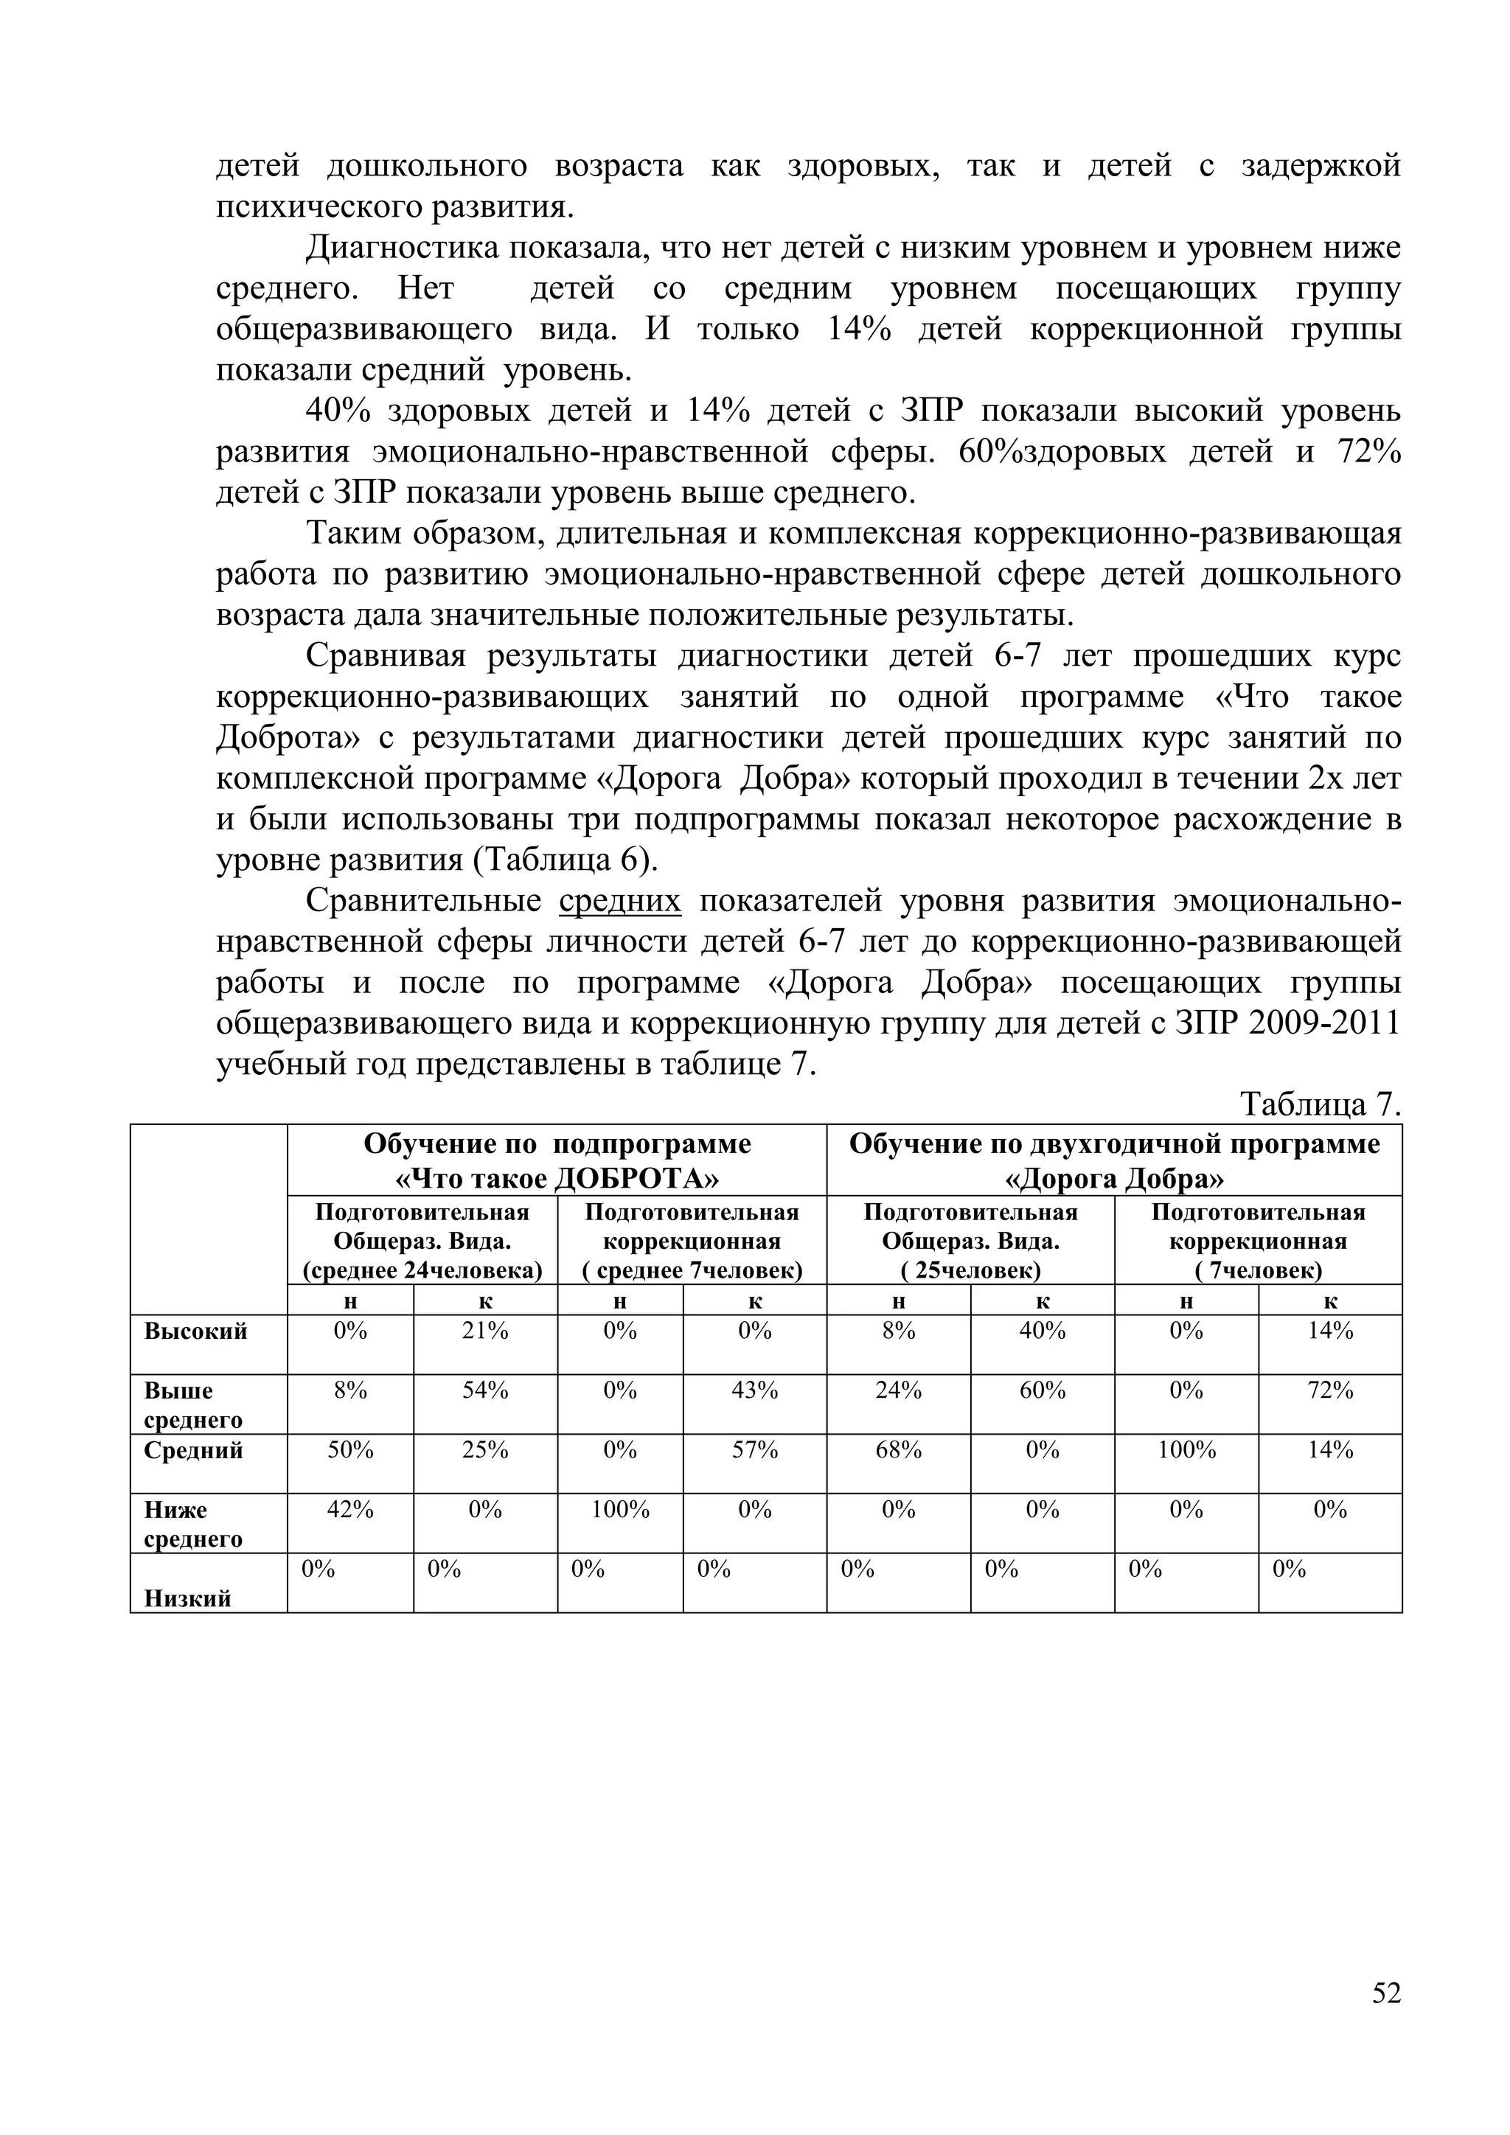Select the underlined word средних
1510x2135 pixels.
pyautogui.click(x=620, y=901)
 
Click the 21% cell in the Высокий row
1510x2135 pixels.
pyautogui.click(x=485, y=1331)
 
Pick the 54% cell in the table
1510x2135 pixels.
pyautogui.click(x=485, y=1390)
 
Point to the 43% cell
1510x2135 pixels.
pyautogui.click(x=754, y=1390)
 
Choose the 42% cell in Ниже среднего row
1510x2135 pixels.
pyautogui.click(x=349, y=1509)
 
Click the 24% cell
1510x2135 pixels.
pyautogui.click(x=898, y=1390)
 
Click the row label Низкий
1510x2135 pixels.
pyautogui.click(x=188, y=1598)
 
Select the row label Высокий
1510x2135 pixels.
pyautogui.click(x=195, y=1331)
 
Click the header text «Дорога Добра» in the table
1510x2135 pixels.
pyautogui.click(x=1114, y=1179)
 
